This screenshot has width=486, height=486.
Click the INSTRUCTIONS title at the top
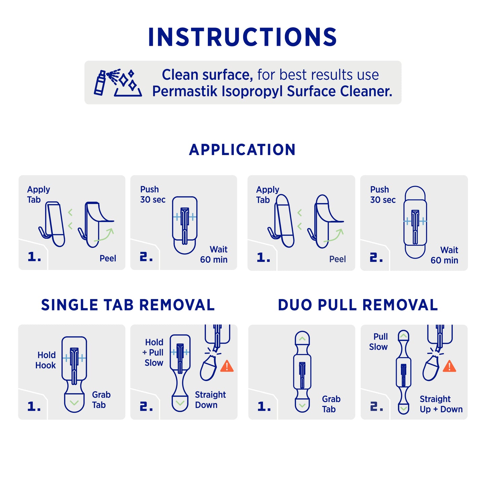tap(242, 37)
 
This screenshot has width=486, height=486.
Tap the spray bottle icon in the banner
tap(100, 83)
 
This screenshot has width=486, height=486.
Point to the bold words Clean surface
tap(207, 75)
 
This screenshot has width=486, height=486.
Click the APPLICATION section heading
tap(242, 150)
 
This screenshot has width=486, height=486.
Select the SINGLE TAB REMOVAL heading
tap(128, 305)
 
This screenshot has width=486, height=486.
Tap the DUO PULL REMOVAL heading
tap(358, 305)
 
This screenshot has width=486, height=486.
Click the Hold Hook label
tap(46, 360)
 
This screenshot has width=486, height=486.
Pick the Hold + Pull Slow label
tap(153, 352)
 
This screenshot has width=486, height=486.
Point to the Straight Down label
tap(210, 400)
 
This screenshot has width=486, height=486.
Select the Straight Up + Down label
tap(441, 404)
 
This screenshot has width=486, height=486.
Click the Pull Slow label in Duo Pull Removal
tap(379, 342)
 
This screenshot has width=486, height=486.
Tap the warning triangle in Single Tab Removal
tap(227, 366)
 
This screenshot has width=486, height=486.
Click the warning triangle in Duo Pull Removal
tap(449, 366)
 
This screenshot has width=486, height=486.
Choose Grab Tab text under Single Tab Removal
tap(101, 400)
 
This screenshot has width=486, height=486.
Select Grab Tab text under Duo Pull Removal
tap(331, 404)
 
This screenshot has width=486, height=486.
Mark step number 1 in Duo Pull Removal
tap(264, 407)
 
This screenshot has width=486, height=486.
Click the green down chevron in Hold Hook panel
tap(74, 403)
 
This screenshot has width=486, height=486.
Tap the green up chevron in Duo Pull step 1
tap(302, 339)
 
